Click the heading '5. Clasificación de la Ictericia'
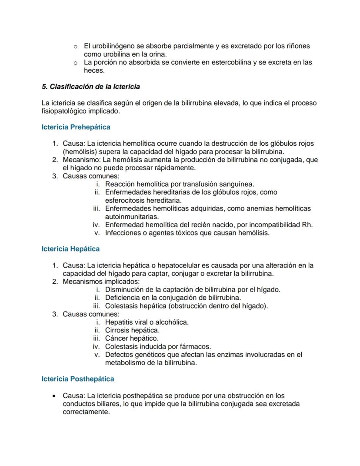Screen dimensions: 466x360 [x=90, y=87]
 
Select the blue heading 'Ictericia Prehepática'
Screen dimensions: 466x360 [x=76, y=127]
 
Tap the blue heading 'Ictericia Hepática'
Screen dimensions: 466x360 [x=70, y=249]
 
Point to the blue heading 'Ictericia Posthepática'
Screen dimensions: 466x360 [x=78, y=379]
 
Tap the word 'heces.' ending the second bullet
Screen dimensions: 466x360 [x=94, y=70]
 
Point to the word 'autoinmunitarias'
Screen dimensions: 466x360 [x=131, y=216]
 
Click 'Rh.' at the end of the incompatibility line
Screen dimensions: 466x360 [x=307, y=225]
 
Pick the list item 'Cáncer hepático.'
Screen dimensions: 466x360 [x=132, y=338]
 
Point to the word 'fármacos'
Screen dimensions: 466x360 [x=196, y=346]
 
